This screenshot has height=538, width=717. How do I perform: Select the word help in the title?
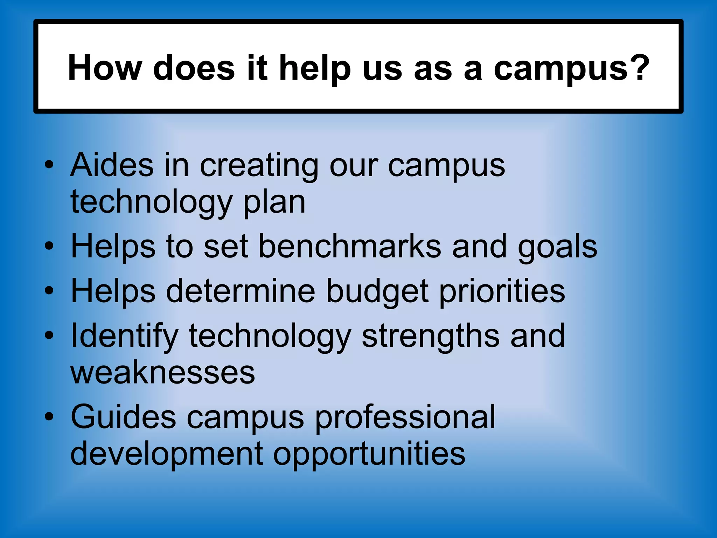(314, 69)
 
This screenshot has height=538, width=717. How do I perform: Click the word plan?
(274, 203)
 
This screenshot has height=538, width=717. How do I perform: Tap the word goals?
(557, 248)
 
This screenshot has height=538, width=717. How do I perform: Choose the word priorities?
(502, 292)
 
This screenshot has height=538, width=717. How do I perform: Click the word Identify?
(125, 337)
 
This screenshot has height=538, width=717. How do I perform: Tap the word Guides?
(123, 417)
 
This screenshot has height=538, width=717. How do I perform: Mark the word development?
(167, 455)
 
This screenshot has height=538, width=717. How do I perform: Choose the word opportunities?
(369, 455)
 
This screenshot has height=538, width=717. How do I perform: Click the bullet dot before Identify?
(49, 335)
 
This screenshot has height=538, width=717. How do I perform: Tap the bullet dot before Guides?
(49, 416)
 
